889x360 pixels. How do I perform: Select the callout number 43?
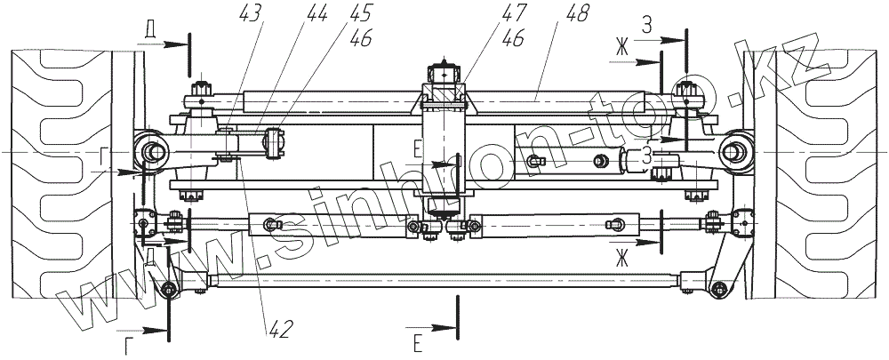(x=251, y=13)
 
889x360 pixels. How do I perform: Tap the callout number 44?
(x=316, y=13)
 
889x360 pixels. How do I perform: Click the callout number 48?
(x=576, y=13)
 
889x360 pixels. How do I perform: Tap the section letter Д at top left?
(x=149, y=32)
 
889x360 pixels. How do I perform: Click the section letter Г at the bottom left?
(x=129, y=346)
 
